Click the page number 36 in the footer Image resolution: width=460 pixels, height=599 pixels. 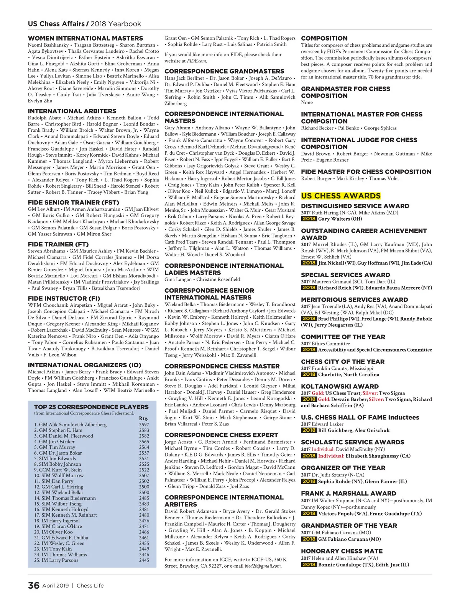tap(33, 585)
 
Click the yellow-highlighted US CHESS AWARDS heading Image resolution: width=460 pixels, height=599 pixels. tap(341, 196)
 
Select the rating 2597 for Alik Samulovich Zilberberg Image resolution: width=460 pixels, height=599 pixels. tap(144, 425)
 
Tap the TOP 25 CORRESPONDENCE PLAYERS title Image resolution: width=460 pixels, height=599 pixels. tap(91, 407)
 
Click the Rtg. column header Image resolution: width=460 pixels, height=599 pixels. tap(143, 418)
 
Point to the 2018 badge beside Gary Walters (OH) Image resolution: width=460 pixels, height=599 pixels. tap(309, 219)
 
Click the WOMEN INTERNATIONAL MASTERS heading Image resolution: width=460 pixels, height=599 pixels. tap(85, 38)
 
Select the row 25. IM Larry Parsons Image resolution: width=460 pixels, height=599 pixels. tap(56, 560)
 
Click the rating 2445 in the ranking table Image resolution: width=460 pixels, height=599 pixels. tap(144, 560)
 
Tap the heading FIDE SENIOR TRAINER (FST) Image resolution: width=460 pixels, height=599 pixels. tap(74, 202)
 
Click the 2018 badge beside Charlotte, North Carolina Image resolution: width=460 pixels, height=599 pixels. tap(309, 375)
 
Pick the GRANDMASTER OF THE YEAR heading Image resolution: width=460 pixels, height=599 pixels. tap(349, 525)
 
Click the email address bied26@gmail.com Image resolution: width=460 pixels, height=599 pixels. tap(263, 566)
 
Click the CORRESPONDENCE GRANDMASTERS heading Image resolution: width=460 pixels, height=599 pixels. tap(224, 71)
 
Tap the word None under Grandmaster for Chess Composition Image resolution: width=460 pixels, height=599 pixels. tap(307, 103)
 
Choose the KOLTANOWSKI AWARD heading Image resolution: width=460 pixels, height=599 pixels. tap(340, 386)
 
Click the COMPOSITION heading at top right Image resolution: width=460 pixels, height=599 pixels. tap(324, 38)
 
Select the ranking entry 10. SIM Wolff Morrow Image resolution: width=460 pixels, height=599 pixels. tap(59, 475)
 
